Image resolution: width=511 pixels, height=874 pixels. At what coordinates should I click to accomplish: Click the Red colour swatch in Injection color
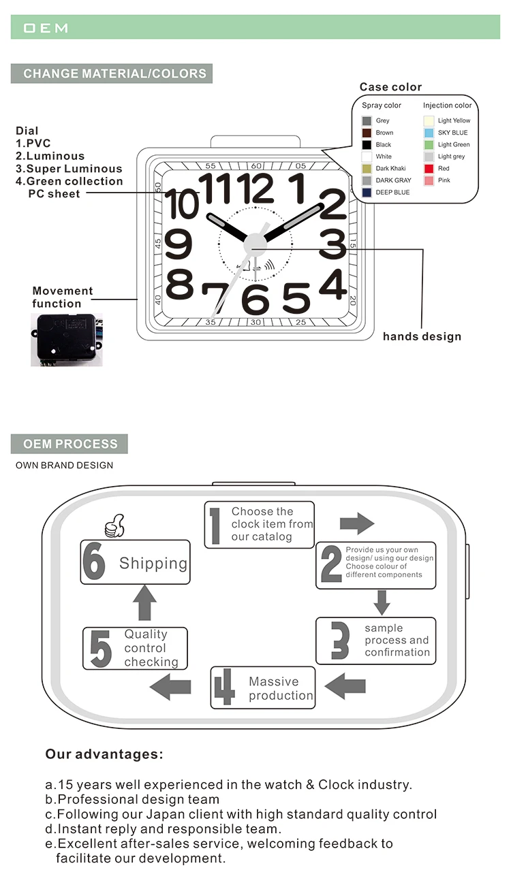coord(429,168)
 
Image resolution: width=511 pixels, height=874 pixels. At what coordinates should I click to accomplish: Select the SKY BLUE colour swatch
coord(429,133)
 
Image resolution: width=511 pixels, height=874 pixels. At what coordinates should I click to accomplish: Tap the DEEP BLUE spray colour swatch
coord(367,193)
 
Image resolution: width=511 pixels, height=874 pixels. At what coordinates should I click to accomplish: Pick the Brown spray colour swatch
coord(367,133)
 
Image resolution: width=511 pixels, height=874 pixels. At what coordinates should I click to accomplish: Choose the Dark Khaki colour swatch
coord(367,169)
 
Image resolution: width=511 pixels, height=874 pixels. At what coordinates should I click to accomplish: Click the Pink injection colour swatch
coord(429,180)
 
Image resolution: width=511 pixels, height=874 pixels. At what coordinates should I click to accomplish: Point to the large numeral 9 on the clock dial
coord(178,244)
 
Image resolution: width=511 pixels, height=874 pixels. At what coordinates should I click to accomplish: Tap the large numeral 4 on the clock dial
coord(332,285)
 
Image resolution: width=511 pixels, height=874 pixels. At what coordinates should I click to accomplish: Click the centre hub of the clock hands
coord(254,243)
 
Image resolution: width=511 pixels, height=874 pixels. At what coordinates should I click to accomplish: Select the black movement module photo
coord(66,339)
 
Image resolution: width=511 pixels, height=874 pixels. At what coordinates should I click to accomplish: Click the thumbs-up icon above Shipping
coord(114,525)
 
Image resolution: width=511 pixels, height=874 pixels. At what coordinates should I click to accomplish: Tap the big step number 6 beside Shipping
coord(94,562)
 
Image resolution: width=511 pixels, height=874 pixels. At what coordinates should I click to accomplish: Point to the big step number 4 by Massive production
coord(224,687)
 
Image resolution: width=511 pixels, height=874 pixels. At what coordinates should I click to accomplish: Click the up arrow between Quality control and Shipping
coord(144,602)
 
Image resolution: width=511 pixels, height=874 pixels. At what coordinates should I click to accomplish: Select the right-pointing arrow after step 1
coord(357,523)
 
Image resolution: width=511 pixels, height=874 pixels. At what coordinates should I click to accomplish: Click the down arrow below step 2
coord(382,602)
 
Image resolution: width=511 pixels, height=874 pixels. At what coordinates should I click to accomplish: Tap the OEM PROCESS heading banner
coord(69,444)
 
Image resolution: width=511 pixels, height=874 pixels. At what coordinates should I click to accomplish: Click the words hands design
coord(422,336)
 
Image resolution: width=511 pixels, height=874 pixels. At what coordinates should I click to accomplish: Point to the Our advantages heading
coord(104,754)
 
